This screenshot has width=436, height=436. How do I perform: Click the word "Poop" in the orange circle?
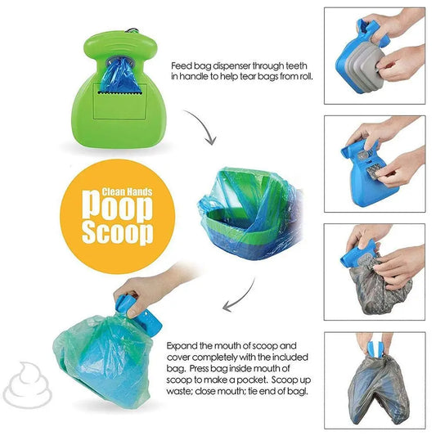[x=117, y=207]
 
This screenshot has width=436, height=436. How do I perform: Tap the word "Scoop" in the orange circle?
[x=117, y=233]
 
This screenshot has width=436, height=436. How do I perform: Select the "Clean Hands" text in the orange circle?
[x=127, y=191]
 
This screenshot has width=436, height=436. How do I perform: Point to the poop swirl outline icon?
[x=27, y=384]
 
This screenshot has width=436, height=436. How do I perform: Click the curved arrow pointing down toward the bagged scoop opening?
[x=205, y=124]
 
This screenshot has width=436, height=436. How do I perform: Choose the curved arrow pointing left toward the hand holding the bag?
[x=242, y=298]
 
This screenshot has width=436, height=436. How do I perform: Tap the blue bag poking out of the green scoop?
[x=120, y=75]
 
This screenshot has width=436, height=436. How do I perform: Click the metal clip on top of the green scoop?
[x=132, y=30]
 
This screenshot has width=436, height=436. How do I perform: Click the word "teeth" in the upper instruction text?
[x=296, y=66]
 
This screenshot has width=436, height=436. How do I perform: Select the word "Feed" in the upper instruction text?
[x=181, y=66]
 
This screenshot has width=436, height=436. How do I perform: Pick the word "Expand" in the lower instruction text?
[x=182, y=347]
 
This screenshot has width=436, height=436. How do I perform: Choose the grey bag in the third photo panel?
[x=379, y=286]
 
